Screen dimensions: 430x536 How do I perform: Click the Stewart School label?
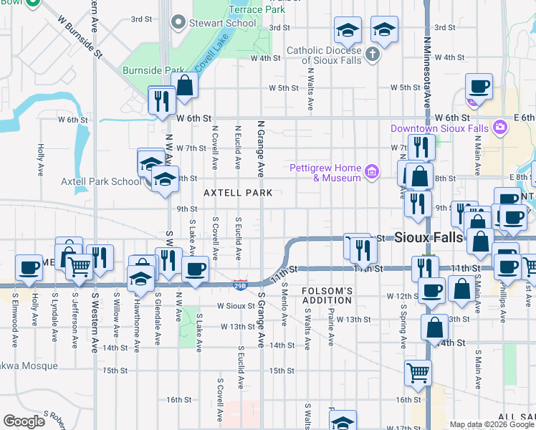(x=222, y=23)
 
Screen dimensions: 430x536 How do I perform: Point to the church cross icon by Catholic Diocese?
(x=371, y=54)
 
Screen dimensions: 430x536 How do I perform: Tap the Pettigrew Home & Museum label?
(x=325, y=173)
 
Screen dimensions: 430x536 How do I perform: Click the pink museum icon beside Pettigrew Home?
(x=371, y=171)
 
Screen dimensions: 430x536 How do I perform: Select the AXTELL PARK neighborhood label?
(x=238, y=193)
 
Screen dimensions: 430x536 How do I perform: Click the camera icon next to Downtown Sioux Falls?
(x=499, y=128)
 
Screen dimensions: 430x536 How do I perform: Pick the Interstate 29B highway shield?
(x=240, y=285)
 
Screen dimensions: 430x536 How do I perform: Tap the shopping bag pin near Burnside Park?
(x=185, y=85)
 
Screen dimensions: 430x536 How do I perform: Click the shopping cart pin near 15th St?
(x=418, y=373)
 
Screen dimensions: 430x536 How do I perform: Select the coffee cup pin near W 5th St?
(x=478, y=87)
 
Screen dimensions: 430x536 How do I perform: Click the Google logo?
(x=24, y=421)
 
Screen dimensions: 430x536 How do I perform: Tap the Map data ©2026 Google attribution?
(x=492, y=424)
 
